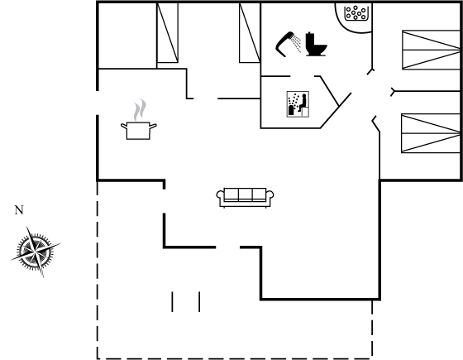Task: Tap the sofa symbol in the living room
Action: (245, 198)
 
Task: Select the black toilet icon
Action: (316, 44)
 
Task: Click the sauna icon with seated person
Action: (298, 104)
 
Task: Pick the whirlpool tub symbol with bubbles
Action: (356, 13)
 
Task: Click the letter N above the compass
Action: (19, 210)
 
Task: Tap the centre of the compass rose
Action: (36, 252)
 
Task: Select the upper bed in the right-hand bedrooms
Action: (431, 50)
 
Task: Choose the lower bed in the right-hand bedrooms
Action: (431, 133)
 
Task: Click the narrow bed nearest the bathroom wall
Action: (250, 33)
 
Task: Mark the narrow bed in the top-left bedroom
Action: (167, 33)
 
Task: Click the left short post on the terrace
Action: (173, 301)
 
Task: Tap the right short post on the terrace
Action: (199, 301)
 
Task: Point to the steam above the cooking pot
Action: (140, 110)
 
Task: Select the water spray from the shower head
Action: (296, 43)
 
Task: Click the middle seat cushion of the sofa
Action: (245, 194)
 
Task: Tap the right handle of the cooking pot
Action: (153, 126)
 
